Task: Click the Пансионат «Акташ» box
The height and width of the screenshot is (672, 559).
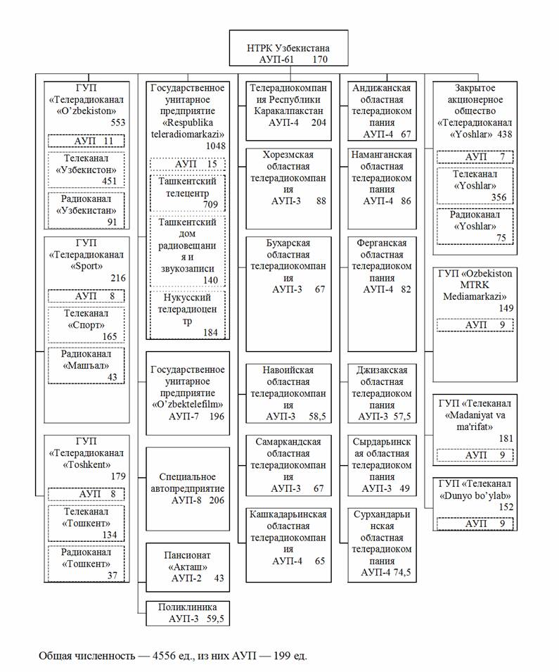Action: (188, 566)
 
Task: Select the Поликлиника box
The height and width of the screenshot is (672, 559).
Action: (188, 613)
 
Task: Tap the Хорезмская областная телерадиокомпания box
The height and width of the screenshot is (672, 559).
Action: (288, 177)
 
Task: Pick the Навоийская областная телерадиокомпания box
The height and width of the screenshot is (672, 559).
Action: (288, 393)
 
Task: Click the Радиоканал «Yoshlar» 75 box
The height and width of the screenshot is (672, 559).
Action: (474, 226)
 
